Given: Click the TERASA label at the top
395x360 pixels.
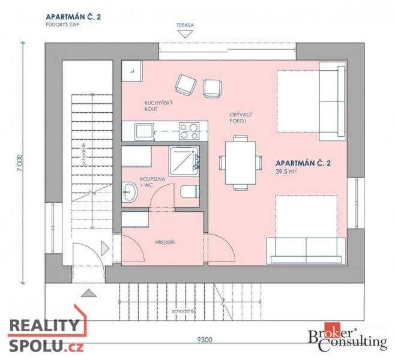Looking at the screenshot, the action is (185, 25).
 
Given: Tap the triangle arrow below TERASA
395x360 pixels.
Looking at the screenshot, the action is (185, 34).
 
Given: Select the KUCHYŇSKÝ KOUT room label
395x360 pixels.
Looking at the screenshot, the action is (158, 106).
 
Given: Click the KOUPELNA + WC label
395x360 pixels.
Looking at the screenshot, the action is (152, 182).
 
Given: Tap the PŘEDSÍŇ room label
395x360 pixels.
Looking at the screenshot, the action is (164, 242).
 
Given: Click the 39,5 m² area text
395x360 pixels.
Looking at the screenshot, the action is (286, 172).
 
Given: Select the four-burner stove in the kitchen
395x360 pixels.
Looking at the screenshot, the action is (189, 131).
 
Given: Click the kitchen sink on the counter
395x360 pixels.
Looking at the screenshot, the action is (144, 131).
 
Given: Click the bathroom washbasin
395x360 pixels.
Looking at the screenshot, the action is (130, 192).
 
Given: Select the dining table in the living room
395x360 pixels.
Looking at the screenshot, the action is (240, 163).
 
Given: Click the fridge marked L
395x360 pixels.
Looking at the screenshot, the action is (132, 71).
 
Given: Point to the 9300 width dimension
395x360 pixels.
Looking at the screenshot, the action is (205, 340).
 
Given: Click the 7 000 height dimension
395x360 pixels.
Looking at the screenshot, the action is (20, 163).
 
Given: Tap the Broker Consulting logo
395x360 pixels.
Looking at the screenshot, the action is (348, 337).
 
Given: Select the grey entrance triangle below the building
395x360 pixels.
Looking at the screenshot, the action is (88, 293).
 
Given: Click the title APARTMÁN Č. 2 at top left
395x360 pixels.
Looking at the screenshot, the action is (73, 17).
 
